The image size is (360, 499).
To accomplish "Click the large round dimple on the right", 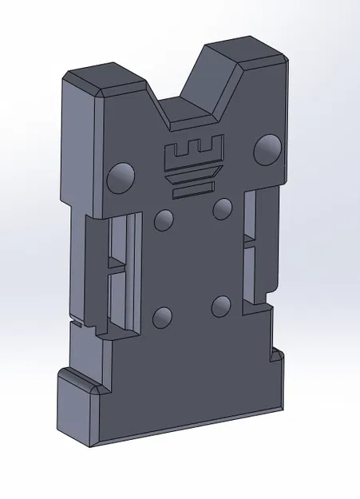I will pyautogui.click(x=269, y=149).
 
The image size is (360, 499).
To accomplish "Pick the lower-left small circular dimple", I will pyautogui.click(x=163, y=317).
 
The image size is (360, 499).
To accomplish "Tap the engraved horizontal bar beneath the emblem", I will pyautogui.click(x=193, y=191).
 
